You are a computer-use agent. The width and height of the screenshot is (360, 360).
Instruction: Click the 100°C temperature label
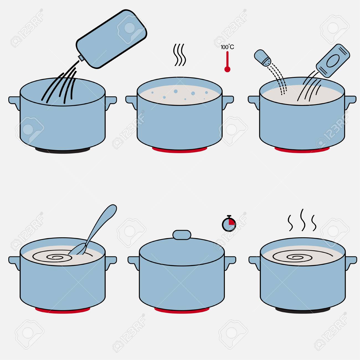[227, 47]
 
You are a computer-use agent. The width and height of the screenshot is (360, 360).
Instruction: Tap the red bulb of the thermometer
[227, 69]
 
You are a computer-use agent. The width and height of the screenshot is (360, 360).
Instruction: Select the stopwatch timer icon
[229, 223]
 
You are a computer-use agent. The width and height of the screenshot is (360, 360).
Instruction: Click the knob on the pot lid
[182, 235]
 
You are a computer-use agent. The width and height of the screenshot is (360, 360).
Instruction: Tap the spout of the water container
[81, 58]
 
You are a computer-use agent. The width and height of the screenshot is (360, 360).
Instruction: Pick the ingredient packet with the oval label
[333, 61]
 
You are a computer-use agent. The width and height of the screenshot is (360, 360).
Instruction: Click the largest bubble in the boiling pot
[176, 91]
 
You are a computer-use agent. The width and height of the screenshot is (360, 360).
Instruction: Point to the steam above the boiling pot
[179, 55]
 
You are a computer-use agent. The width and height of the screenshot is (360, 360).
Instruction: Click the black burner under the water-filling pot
[63, 150]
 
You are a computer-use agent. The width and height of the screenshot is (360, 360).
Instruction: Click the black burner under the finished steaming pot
[303, 310]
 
